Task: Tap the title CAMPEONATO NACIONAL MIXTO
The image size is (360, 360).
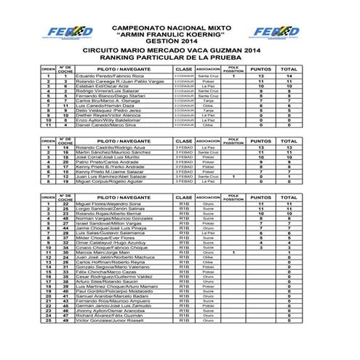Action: [180, 25]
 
